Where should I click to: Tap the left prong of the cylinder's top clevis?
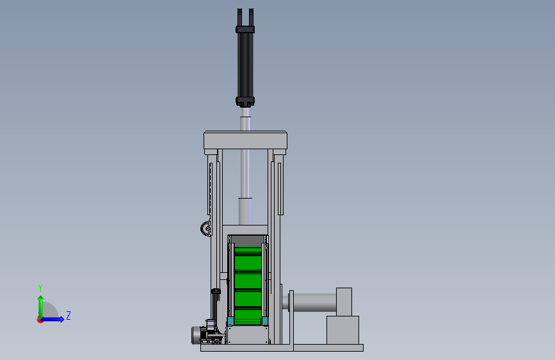[x=239, y=17]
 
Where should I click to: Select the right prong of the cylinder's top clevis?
[x=251, y=17]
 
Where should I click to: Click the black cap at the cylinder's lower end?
[x=245, y=102]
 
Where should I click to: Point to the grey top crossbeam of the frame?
[x=245, y=140]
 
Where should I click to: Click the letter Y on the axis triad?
[x=40, y=288]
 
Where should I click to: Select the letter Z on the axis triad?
[x=68, y=315]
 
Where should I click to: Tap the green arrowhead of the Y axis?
[x=41, y=299]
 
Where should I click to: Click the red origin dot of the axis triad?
[x=40, y=320]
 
